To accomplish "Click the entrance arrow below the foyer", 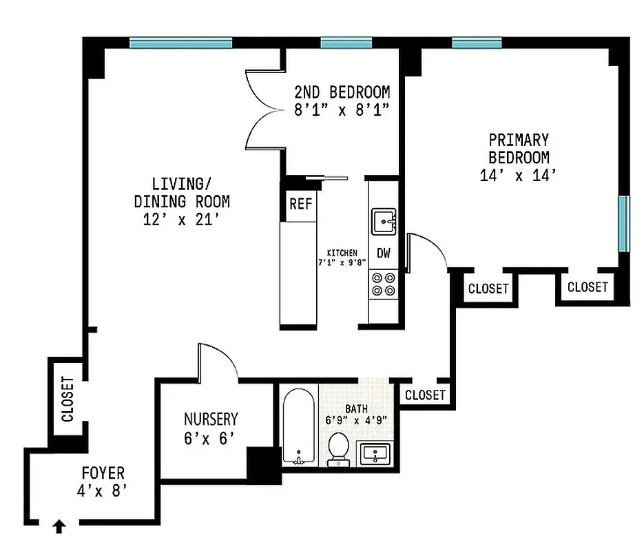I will click(x=59, y=527).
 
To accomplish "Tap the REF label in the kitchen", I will click(x=300, y=204).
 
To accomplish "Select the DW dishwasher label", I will click(x=384, y=253).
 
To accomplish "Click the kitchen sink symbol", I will click(x=384, y=222).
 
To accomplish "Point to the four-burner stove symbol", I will click(x=384, y=284).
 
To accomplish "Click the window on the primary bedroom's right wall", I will click(x=623, y=224).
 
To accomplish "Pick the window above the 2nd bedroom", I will click(x=346, y=43).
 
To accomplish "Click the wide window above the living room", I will click(x=180, y=43).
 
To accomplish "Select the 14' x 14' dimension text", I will click(x=518, y=175).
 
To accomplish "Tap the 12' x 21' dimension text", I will click(x=182, y=220).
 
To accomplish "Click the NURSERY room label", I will click(x=211, y=419).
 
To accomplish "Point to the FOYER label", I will click(x=103, y=473).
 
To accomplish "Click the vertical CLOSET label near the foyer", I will click(x=67, y=399).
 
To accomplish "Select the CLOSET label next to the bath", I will click(x=425, y=395).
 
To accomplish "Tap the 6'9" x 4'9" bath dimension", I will click(x=356, y=418).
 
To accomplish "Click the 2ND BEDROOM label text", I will click(x=342, y=92).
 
